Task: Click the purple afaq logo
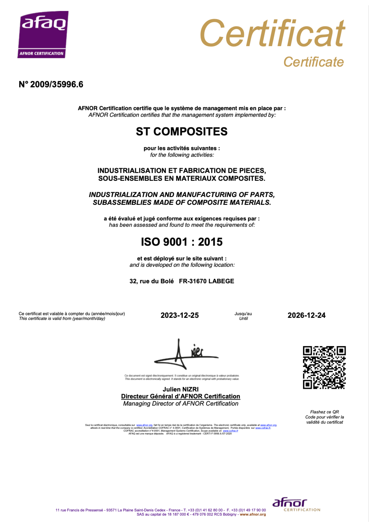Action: click(43, 34)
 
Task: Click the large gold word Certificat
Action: click(272, 33)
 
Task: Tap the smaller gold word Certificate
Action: click(313, 62)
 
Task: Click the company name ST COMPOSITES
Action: click(182, 132)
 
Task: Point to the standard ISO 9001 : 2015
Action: click(182, 242)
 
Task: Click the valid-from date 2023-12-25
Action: click(180, 315)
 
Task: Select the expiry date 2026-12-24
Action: click(306, 315)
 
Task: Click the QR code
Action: click(324, 367)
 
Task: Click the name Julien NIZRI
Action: click(181, 389)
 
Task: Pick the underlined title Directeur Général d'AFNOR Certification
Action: click(181, 396)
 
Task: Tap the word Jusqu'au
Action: click(243, 314)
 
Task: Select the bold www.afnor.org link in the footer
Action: click(253, 514)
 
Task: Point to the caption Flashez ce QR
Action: click(324, 412)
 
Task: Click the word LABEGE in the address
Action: click(221, 281)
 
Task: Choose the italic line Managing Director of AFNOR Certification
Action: click(181, 404)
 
